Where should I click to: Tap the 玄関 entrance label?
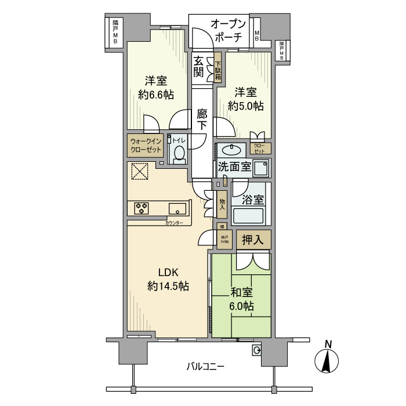198,67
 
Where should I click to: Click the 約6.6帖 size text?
156,95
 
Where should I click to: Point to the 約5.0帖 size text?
245,106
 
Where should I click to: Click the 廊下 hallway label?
202,119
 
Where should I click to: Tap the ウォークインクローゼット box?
146,145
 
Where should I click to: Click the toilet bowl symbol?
179,154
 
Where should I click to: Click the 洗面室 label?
234,167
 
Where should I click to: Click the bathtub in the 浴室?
248,217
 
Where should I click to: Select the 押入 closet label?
252,238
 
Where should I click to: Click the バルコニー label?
205,367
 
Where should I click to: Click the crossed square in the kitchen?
139,172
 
